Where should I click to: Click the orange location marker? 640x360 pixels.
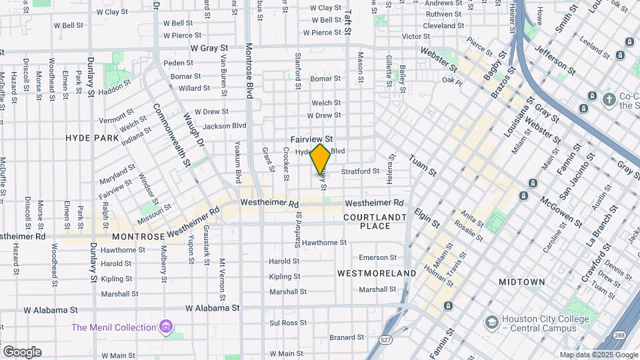pyautogui.click(x=321, y=159)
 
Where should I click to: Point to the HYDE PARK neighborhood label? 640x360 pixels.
pyautogui.click(x=92, y=138)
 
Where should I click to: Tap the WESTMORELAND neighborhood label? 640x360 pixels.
pyautogui.click(x=377, y=273)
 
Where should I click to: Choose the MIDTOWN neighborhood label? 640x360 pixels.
pyautogui.click(x=522, y=282)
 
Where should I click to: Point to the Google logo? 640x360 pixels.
pyautogui.click(x=22, y=352)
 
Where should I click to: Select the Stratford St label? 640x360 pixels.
pyautogui.click(x=360, y=171)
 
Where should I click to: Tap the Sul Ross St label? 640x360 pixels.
pyautogui.click(x=283, y=323)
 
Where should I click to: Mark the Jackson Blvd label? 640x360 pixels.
pyautogui.click(x=225, y=125)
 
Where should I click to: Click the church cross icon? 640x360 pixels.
pyautogui.click(x=608, y=100)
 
